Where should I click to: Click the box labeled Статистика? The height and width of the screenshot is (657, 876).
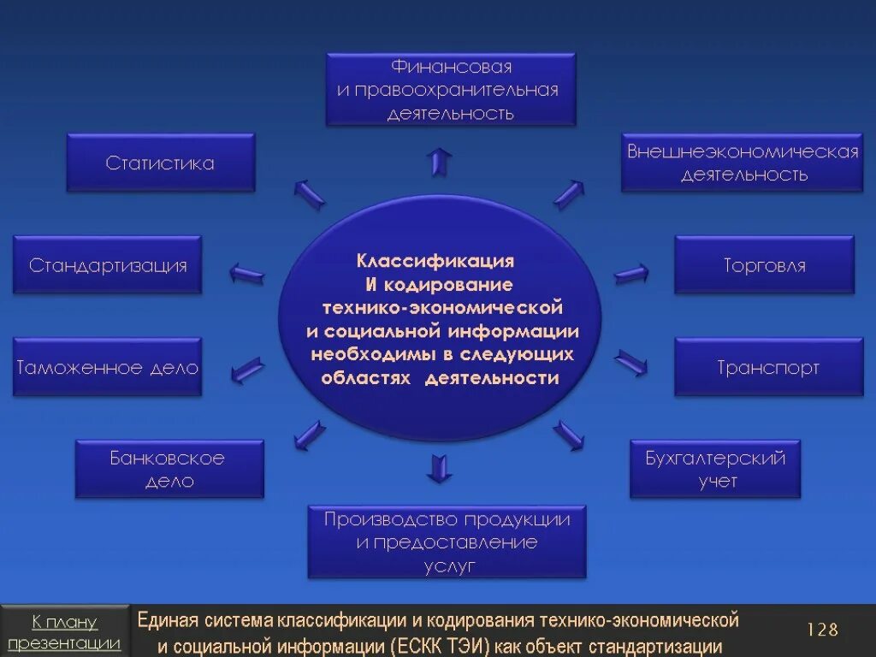(161, 163)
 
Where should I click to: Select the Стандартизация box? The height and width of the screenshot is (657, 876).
(108, 265)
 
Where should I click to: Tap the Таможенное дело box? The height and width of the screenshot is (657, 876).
(108, 368)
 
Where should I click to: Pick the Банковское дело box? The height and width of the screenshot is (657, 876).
(169, 469)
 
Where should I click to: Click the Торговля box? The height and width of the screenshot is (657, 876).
(764, 265)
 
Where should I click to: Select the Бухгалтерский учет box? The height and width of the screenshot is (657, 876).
(715, 469)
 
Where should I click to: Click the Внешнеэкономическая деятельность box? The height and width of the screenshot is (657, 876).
(742, 163)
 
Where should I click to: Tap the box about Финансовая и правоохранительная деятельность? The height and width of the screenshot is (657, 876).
(450, 90)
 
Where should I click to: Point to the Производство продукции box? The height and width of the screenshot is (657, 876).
(447, 542)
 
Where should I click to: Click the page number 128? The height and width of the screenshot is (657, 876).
(822, 630)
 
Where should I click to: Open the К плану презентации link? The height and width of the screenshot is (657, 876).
(64, 632)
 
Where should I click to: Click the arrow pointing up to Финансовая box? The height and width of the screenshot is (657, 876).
(441, 160)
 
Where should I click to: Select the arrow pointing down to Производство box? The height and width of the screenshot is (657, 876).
(440, 467)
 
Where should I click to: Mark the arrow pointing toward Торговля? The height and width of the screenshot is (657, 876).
(631, 274)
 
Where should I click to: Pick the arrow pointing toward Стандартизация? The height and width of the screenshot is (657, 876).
(247, 274)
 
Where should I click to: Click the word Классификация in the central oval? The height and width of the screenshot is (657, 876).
(435, 260)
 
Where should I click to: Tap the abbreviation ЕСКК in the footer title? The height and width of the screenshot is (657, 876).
(425, 646)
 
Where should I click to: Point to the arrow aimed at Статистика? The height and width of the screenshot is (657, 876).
(309, 194)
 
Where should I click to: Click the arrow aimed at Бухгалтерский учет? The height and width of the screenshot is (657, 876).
(568, 435)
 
